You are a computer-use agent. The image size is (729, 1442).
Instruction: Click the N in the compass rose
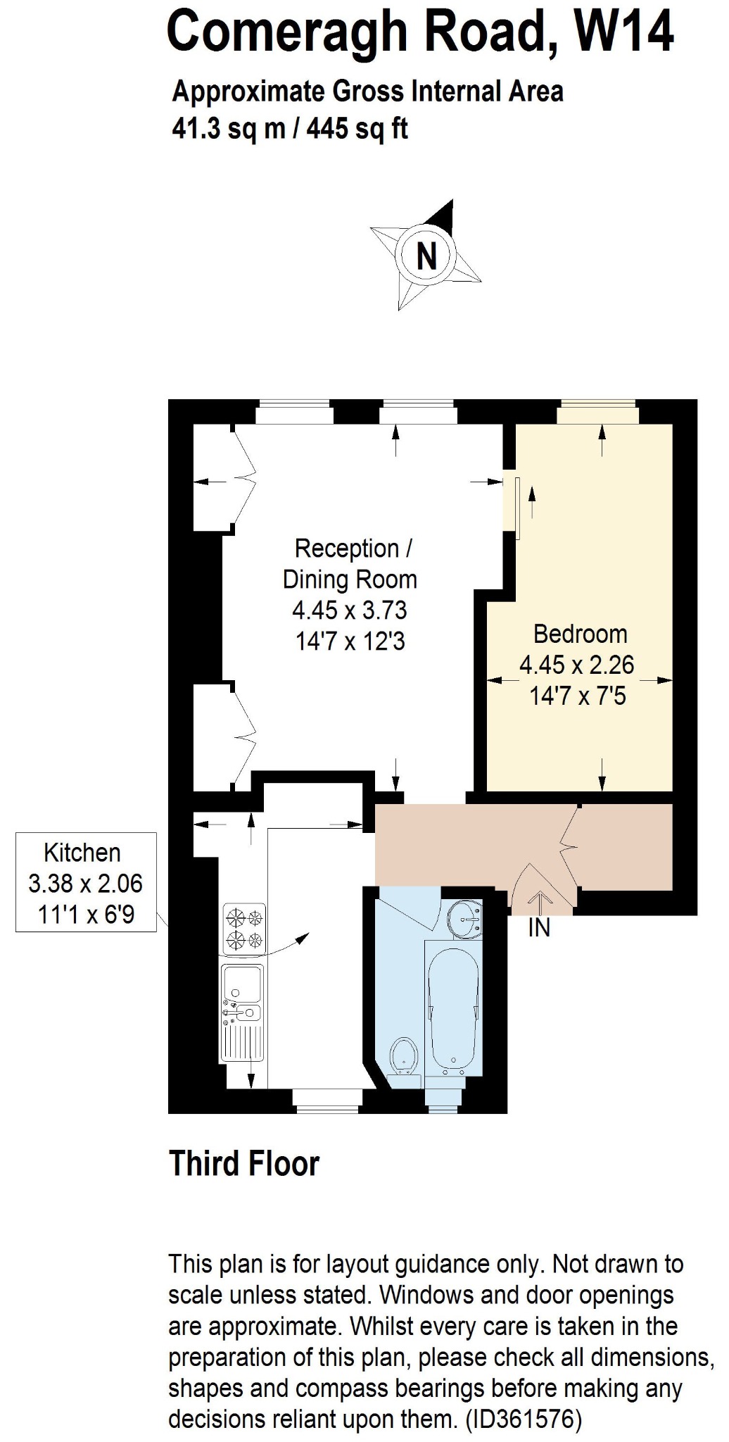(x=427, y=256)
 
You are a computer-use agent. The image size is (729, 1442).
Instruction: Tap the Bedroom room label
(x=581, y=634)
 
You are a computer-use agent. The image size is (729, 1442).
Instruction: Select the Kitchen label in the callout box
(x=82, y=853)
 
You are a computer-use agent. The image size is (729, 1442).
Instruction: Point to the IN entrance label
(x=539, y=928)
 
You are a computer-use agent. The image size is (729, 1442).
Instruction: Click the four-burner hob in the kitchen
(x=244, y=929)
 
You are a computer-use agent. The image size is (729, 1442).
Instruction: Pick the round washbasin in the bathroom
(x=466, y=918)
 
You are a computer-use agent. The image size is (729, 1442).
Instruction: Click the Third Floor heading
(x=244, y=1164)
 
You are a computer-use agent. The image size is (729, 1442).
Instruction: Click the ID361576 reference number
(x=524, y=1419)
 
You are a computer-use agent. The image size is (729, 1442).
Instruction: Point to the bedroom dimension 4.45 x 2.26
(x=577, y=665)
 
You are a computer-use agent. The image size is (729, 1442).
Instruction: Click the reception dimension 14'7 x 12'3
(x=350, y=641)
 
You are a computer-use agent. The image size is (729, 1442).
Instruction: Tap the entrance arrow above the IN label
(x=540, y=902)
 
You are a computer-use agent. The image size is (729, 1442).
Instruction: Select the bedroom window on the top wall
(x=597, y=412)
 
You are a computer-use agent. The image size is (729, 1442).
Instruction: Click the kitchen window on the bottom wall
(x=327, y=1101)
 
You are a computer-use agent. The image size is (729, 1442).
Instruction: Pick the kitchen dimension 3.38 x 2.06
(x=85, y=883)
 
